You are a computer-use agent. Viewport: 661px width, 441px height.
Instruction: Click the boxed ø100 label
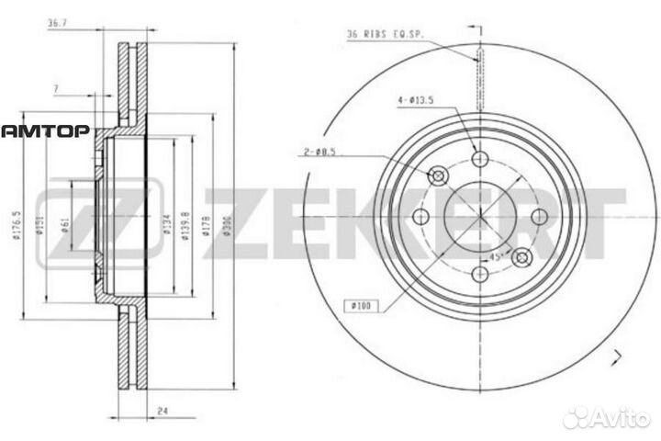point(361,305)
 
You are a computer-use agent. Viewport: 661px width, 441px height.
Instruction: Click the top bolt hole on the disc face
point(477,160)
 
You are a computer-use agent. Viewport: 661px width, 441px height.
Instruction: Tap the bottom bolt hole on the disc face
point(477,274)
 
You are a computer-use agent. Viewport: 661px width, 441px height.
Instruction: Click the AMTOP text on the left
point(44,130)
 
